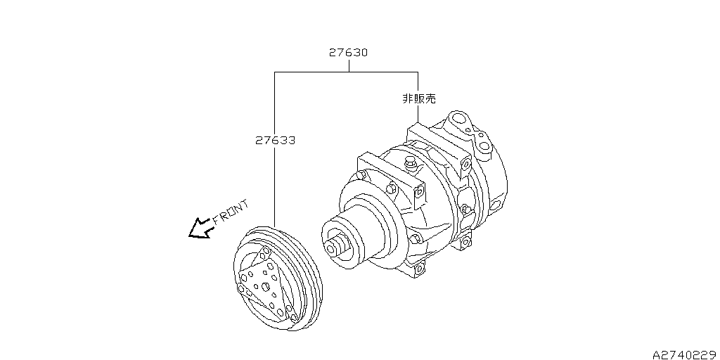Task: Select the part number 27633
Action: pos(274,141)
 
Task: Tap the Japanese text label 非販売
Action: pos(418,99)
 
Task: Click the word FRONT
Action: pos(230,212)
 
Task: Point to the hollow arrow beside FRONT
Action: pos(200,229)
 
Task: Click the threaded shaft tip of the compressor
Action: pos(333,245)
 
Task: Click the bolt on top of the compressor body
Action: pos(409,165)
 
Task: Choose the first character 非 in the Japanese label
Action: pos(407,99)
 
